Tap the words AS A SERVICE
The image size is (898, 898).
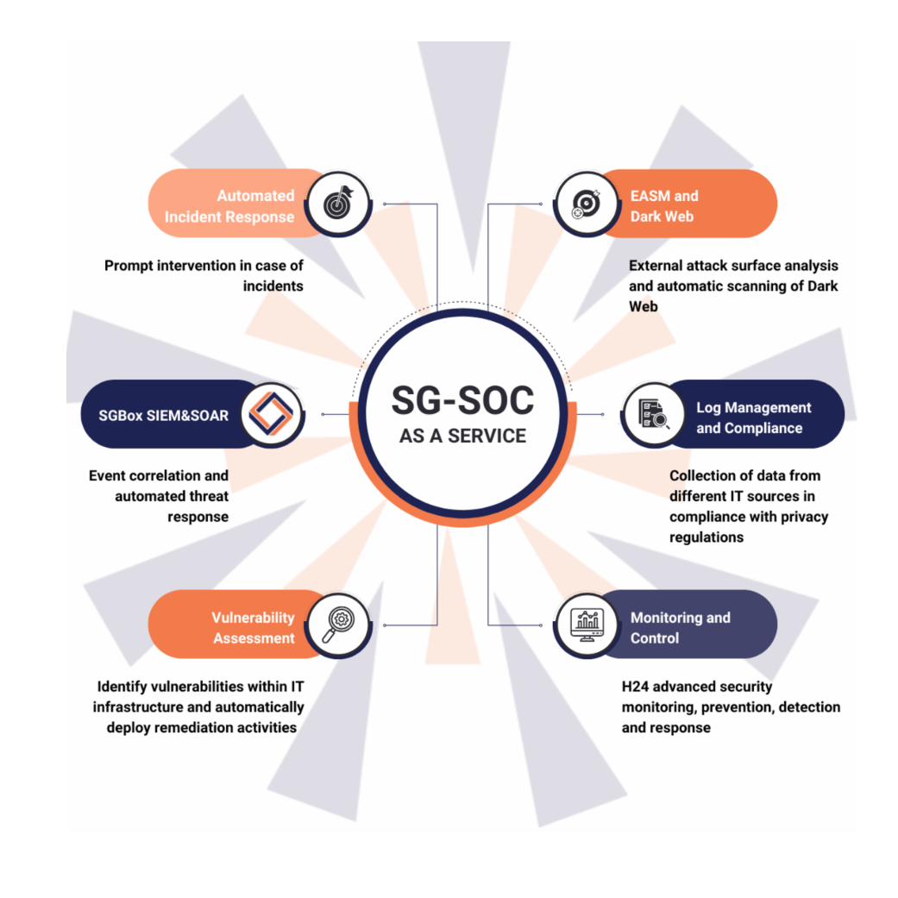pyautogui.click(x=462, y=436)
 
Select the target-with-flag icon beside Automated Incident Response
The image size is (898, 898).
pyautogui.click(x=338, y=204)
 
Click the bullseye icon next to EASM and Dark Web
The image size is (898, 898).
pyautogui.click(x=587, y=204)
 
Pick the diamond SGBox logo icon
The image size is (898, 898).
pyautogui.click(x=272, y=413)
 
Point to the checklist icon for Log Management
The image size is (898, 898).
pyautogui.click(x=654, y=413)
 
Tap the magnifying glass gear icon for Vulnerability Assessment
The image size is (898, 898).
pyautogui.click(x=338, y=625)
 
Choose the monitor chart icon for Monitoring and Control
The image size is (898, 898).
pyautogui.click(x=587, y=625)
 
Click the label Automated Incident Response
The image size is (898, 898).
pyautogui.click(x=229, y=206)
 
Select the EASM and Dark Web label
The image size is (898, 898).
pyautogui.click(x=664, y=206)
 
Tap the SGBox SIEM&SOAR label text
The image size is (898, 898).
pyautogui.click(x=163, y=415)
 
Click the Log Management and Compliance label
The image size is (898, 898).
pyautogui.click(x=754, y=418)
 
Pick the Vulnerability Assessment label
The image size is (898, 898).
pyautogui.click(x=253, y=628)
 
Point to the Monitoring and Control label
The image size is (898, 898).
pyautogui.click(x=681, y=628)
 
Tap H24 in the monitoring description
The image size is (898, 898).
pyautogui.click(x=635, y=686)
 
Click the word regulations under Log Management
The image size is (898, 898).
pyautogui.click(x=706, y=537)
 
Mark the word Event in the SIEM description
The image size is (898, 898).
pyautogui.click(x=104, y=475)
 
